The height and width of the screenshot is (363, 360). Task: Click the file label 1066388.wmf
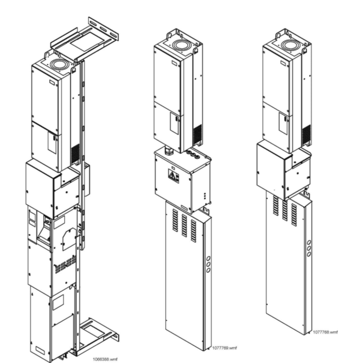(105, 359)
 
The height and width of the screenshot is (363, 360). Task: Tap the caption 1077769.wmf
(224, 348)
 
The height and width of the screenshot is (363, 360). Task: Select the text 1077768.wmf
(325, 332)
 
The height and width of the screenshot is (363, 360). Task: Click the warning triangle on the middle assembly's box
(172, 176)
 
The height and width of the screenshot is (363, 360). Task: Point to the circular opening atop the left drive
(59, 64)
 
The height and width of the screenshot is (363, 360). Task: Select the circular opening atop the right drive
(291, 45)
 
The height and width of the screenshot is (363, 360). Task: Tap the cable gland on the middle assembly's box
(168, 150)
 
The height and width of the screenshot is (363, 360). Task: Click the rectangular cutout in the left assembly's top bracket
(87, 41)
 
